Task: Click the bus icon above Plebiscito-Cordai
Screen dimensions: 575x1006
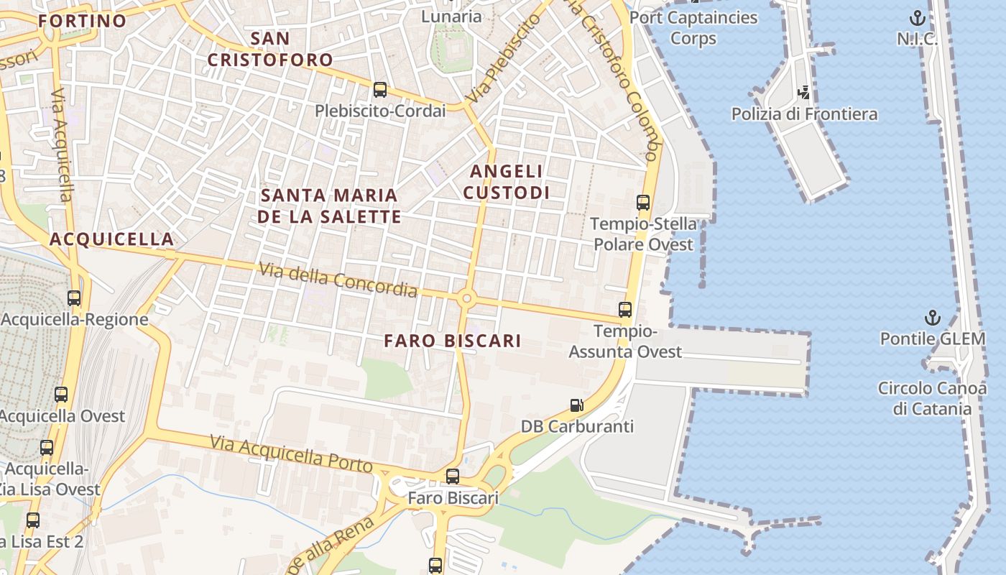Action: (x=380, y=90)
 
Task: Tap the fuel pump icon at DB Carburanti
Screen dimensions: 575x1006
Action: (x=576, y=405)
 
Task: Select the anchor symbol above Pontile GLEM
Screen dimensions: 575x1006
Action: (x=932, y=318)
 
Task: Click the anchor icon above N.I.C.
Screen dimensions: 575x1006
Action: (x=917, y=18)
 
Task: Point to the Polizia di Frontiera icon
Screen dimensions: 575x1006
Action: (x=804, y=93)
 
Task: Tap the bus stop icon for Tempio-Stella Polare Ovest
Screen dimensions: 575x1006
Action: (x=643, y=203)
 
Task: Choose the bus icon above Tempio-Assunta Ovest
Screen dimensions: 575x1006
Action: (x=625, y=310)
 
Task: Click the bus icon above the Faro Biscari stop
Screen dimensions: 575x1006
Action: (x=452, y=476)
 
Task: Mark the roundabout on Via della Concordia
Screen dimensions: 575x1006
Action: (x=467, y=298)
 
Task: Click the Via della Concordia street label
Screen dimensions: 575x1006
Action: (x=338, y=280)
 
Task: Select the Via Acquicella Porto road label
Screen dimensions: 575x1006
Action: (x=292, y=454)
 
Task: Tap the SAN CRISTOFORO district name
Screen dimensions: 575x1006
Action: (x=271, y=49)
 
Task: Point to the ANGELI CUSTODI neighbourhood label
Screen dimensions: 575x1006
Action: (x=507, y=182)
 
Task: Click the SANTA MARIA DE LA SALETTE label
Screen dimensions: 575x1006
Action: (x=330, y=206)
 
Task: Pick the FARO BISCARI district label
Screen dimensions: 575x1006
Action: (x=453, y=341)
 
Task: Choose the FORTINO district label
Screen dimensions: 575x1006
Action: (x=83, y=21)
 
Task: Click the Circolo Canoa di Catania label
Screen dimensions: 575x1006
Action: (x=933, y=399)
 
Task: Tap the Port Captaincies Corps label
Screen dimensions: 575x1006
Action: (x=693, y=27)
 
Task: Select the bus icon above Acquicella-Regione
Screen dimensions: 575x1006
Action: (x=73, y=298)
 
